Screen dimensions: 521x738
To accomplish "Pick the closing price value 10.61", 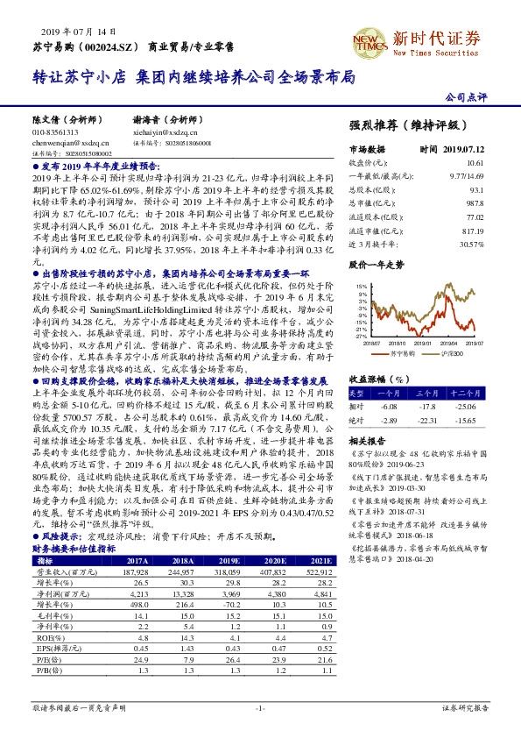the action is pyautogui.click(x=475, y=163).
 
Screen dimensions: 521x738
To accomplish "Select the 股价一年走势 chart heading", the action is pyautogui.click(x=376, y=263).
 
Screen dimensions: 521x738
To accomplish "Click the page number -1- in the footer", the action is pyautogui.click(x=260, y=706).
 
